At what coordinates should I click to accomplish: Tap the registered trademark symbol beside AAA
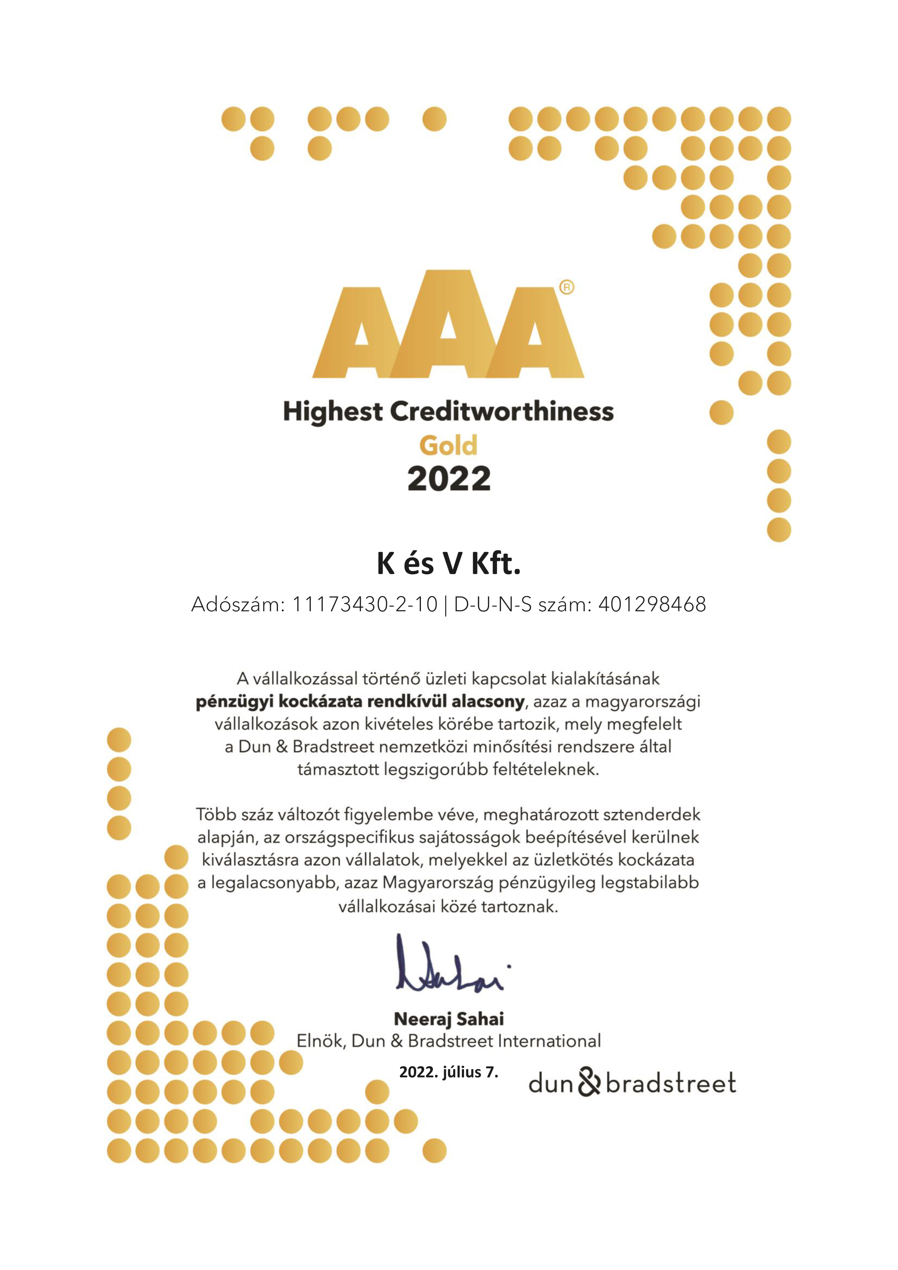point(567,287)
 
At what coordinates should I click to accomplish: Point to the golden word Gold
point(448,445)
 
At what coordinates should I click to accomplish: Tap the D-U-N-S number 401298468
point(652,604)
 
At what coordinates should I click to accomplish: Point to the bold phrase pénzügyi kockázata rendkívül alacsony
point(360,702)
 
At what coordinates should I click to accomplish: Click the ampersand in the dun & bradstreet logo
point(590,1083)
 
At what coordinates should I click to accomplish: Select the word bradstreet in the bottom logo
point(671,1083)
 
